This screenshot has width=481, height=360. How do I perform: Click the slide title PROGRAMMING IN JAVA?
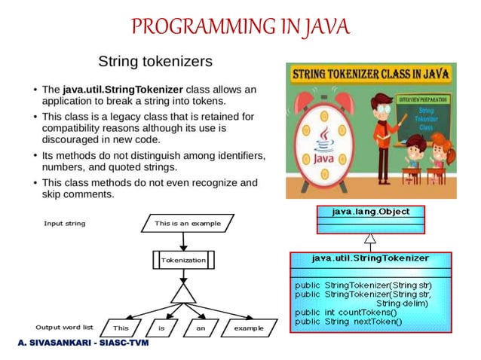point(240,28)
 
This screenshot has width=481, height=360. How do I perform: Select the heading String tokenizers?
point(155,59)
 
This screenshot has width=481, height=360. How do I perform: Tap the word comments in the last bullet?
point(89,194)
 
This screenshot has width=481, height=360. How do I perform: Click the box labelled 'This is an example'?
point(188,224)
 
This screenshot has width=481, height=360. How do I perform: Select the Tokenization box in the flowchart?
point(183,260)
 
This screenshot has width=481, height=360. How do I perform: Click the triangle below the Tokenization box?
point(183,293)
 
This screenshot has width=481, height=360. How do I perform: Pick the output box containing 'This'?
point(121,328)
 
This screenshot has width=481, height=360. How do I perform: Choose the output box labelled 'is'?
point(161,328)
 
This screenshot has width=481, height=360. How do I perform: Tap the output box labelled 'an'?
point(201,328)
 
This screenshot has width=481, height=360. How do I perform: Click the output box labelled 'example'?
point(248,328)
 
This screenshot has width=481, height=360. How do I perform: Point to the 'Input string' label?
point(65,224)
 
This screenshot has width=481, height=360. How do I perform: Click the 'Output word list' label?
point(65,328)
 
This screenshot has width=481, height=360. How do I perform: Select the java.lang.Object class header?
point(370,212)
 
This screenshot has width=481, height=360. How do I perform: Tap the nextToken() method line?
point(348,322)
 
